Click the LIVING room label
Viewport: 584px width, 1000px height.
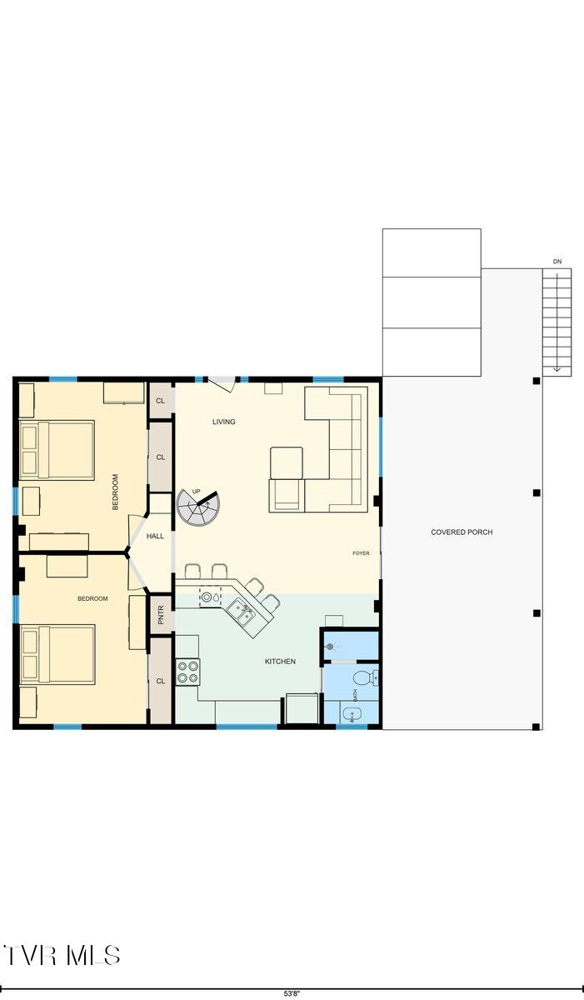click(223, 422)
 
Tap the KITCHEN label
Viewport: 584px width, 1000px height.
click(280, 662)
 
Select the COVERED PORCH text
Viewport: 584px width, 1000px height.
click(462, 532)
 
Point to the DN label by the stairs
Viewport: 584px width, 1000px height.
click(557, 262)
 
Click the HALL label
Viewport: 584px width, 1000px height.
click(155, 537)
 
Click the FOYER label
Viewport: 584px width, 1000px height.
click(361, 553)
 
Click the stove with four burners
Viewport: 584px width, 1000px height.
click(187, 671)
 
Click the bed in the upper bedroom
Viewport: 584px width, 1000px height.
click(56, 450)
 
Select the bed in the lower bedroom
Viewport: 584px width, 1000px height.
click(57, 654)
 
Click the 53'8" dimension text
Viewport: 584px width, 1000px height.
click(292, 994)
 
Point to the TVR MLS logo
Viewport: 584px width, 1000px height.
click(62, 955)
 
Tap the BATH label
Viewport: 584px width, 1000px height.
click(355, 714)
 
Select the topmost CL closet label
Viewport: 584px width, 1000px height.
click(160, 401)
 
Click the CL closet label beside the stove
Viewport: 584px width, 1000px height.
click(160, 681)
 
